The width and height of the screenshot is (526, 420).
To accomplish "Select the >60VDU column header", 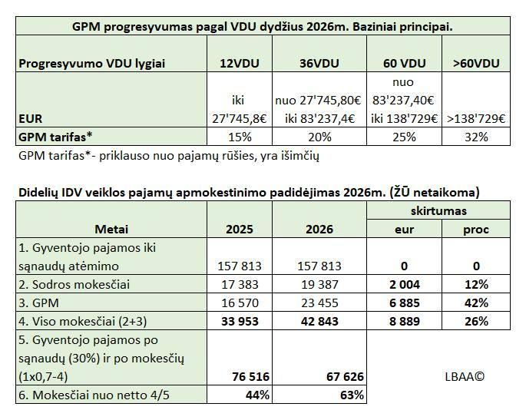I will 478,64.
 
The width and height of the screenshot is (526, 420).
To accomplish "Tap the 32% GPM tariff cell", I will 478,137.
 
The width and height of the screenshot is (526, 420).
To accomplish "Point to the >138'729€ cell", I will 478,118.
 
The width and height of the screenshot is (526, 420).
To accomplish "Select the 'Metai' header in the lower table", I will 111,229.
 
